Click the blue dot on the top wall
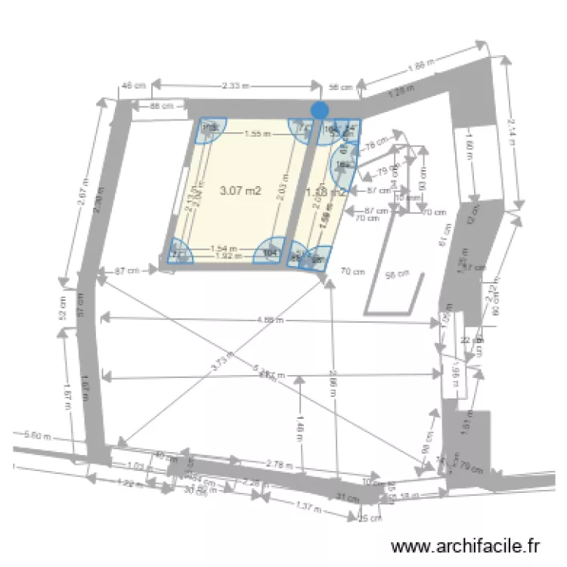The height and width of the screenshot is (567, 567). [320, 110]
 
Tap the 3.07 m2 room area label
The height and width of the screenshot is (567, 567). [240, 191]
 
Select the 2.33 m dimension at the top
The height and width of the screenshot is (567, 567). [236, 86]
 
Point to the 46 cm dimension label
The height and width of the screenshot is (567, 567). [132, 86]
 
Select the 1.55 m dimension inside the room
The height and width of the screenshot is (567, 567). [257, 134]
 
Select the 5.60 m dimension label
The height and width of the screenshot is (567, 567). [37, 435]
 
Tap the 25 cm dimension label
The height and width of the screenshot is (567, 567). [369, 519]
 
